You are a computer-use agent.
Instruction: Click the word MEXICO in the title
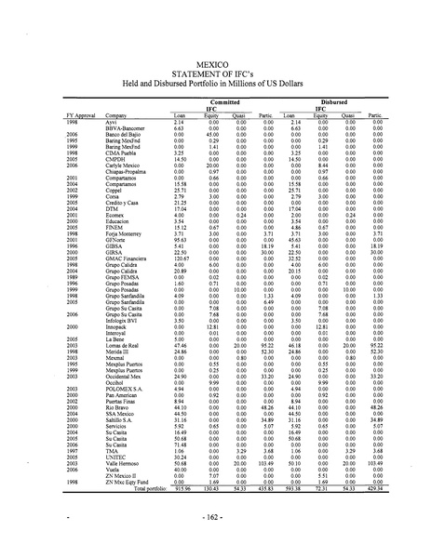215,55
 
